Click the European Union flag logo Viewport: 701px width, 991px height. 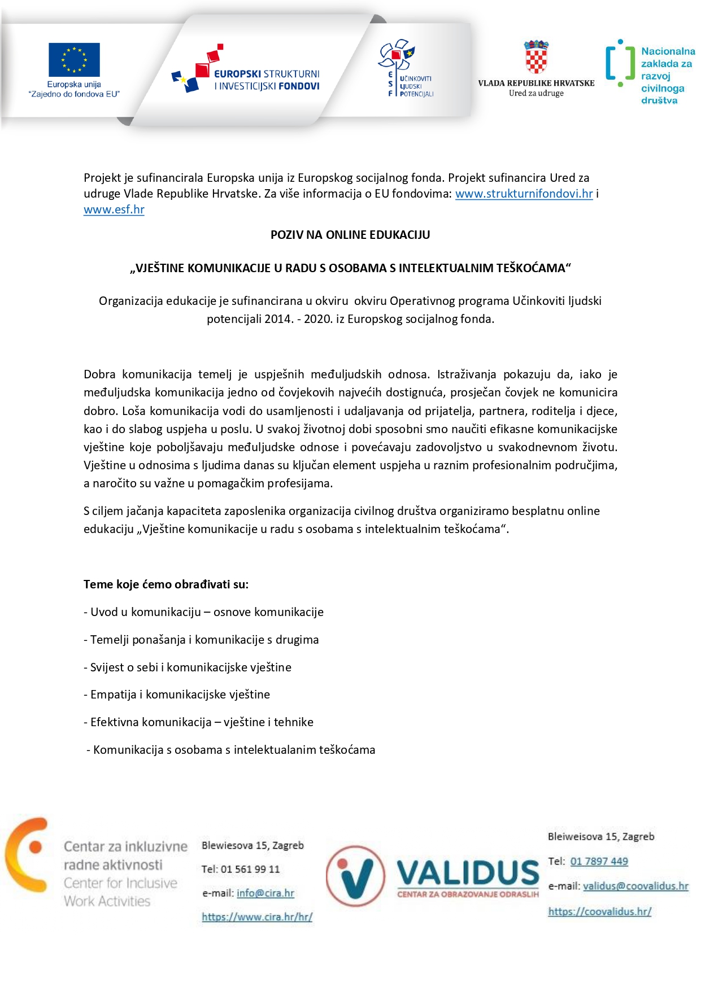coord(74,59)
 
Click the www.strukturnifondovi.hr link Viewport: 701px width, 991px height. coord(524,194)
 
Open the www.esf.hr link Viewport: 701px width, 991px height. coord(114,209)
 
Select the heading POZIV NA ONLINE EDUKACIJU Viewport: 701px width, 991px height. coord(350,235)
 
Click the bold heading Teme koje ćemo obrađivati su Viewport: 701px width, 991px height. coord(166,584)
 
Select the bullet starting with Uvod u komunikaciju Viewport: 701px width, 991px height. coord(204,612)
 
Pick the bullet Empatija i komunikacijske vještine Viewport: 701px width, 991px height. coord(177,695)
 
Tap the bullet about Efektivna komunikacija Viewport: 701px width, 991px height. coord(199,722)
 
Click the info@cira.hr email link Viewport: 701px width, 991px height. coord(265,893)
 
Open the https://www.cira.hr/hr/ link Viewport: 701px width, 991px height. coord(257,917)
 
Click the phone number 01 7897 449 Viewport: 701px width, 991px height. coord(599,862)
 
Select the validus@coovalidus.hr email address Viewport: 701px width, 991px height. coord(635,887)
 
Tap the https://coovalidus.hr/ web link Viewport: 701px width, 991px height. coord(599,911)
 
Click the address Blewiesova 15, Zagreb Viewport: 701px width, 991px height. coord(252,845)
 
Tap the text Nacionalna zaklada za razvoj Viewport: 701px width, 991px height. coord(667,63)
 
